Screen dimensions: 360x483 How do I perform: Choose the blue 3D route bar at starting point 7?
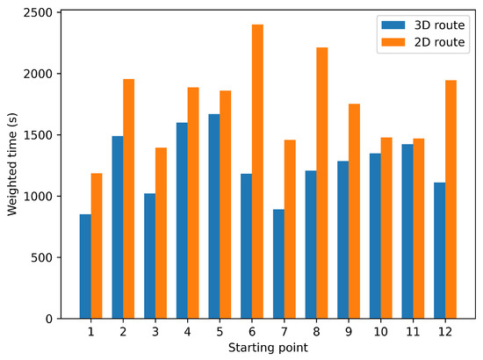tap(278, 264)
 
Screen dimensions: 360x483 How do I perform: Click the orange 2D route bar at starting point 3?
tap(161, 233)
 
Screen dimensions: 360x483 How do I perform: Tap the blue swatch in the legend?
tap(388, 25)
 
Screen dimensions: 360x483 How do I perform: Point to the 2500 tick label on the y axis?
tap(37, 13)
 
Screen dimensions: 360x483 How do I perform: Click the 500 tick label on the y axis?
tap(42, 257)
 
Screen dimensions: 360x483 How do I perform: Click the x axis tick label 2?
tap(123, 332)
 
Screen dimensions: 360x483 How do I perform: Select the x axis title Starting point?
tap(268, 348)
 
